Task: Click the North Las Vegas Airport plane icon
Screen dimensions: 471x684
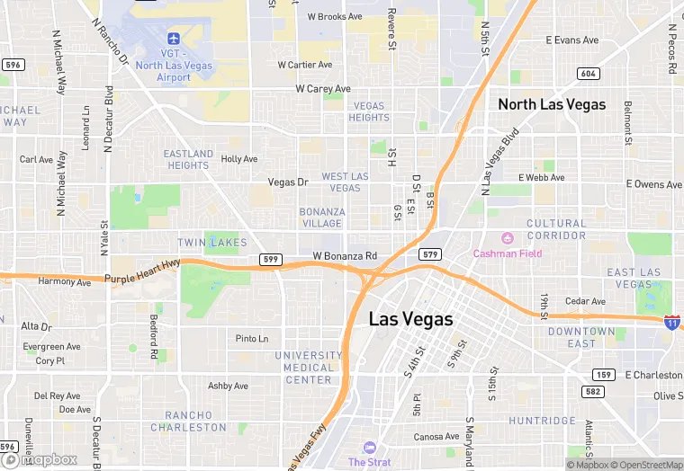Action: [x=174, y=39]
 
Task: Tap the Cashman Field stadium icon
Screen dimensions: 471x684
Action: [x=506, y=237]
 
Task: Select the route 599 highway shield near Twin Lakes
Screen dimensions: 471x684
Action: [x=270, y=259]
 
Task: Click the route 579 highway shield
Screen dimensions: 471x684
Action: [x=430, y=254]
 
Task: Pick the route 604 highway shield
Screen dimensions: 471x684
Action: [x=588, y=74]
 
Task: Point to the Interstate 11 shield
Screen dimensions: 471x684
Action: [x=671, y=322]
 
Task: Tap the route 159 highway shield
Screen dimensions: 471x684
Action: [x=602, y=374]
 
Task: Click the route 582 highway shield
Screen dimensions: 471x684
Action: [x=590, y=391]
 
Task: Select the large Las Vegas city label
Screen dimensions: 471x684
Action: [x=410, y=319]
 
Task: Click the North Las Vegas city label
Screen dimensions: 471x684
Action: [x=552, y=104]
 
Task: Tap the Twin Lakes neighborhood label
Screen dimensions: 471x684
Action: [x=211, y=244]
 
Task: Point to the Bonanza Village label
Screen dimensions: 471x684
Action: [x=321, y=218]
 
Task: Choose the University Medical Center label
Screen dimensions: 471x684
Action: [x=308, y=368]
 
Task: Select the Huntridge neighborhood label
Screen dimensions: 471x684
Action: [x=542, y=421]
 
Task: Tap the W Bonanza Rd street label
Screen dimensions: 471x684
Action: [x=345, y=256]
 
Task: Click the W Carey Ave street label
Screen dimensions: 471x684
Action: [x=323, y=89]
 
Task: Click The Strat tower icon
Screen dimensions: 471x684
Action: [x=369, y=448]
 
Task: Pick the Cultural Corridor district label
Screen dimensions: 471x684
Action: [x=555, y=229]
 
